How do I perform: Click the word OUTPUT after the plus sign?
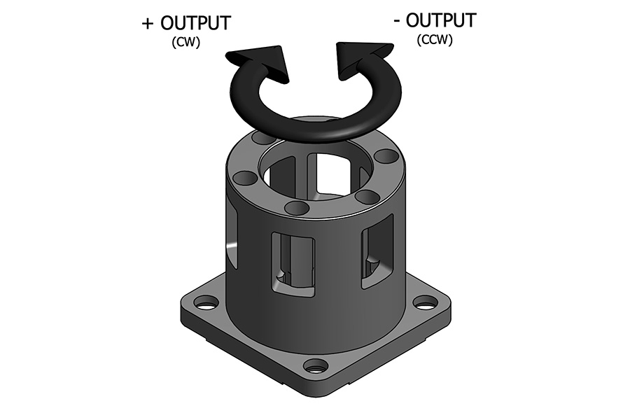click(196, 23)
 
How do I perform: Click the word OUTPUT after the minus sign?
click(441, 21)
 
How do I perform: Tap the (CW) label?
click(185, 43)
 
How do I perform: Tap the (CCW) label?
click(435, 41)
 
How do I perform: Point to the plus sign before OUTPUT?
click(148, 24)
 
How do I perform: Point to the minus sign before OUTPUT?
click(398, 22)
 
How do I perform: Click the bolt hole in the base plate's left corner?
click(206, 303)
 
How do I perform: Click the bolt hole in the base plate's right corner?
click(425, 302)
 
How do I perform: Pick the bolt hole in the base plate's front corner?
click(316, 365)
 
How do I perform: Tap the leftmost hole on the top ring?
click(244, 178)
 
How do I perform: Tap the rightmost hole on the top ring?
click(385, 155)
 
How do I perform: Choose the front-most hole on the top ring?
click(297, 208)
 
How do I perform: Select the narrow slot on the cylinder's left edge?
click(232, 241)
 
